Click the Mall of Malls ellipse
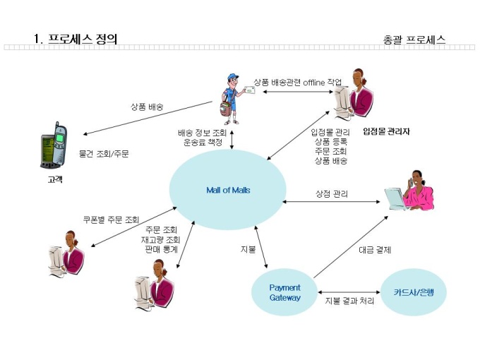click(228, 190)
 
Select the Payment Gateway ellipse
click(285, 292)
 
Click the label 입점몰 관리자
click(386, 131)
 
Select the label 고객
click(54, 179)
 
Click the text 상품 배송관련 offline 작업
click(297, 83)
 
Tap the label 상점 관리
click(331, 193)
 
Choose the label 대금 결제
click(374, 249)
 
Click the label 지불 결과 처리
click(349, 301)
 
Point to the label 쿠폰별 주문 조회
click(111, 219)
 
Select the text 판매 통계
click(160, 249)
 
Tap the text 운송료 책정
click(201, 142)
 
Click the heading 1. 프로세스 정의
click(76, 39)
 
